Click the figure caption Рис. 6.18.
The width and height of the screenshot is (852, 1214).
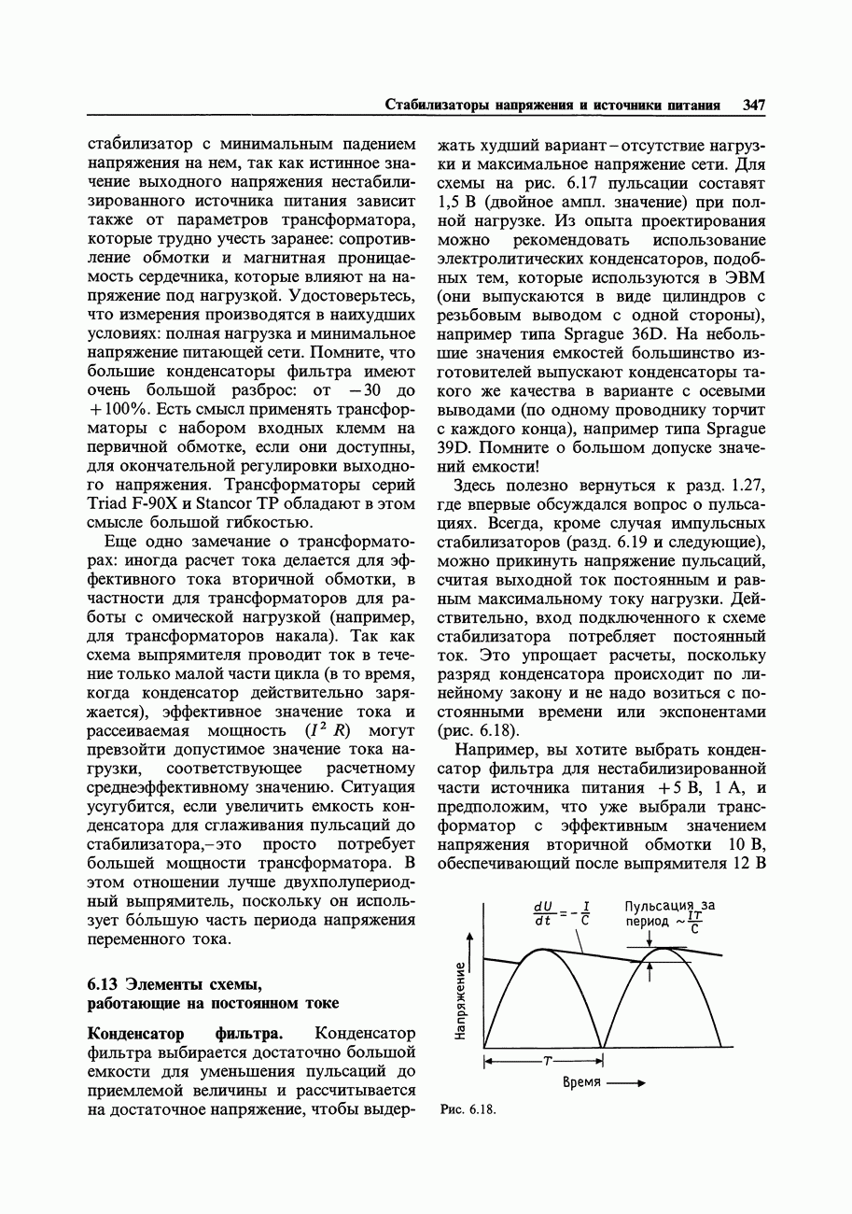click(467, 1110)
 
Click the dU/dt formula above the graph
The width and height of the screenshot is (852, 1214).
click(560, 912)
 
